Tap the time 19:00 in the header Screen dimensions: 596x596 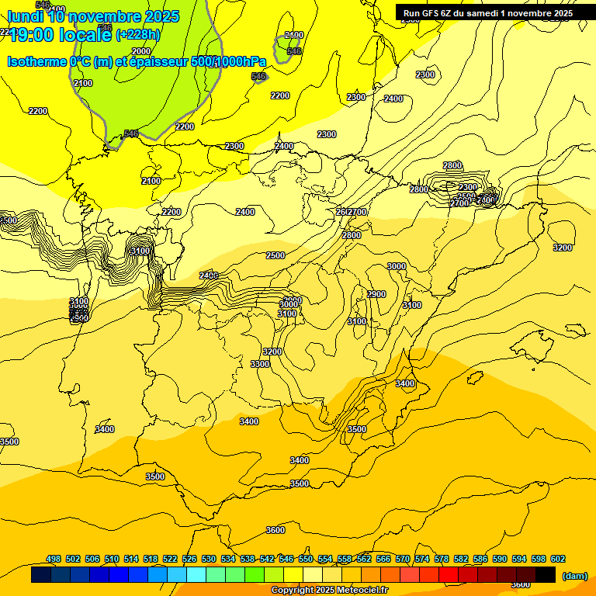(32, 34)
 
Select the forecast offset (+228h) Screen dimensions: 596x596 (137, 34)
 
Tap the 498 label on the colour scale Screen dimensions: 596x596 (54, 559)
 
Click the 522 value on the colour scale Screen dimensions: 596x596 (170, 559)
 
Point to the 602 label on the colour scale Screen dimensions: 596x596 (558, 559)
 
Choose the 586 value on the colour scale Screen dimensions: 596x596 (480, 559)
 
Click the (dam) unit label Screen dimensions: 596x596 (575, 575)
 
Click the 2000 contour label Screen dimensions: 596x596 (141, 51)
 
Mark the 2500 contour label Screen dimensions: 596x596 (275, 255)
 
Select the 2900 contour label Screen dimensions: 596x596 (376, 294)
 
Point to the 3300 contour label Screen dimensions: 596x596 (260, 364)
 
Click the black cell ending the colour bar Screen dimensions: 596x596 (546, 574)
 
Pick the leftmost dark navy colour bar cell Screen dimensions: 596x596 (41, 574)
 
